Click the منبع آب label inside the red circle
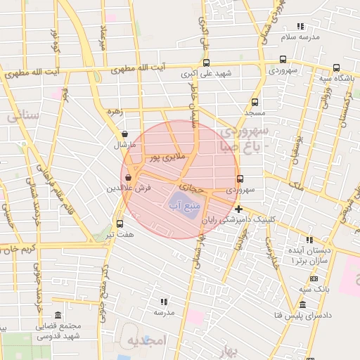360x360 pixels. pos(184,205)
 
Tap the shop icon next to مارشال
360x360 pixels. pos(124,134)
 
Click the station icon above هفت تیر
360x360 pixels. pos(119,224)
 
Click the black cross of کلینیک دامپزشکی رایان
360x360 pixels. pos(239,208)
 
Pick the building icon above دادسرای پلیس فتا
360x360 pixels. pos(302,304)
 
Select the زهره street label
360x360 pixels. pos(114,111)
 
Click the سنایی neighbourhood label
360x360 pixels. pos(22,117)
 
